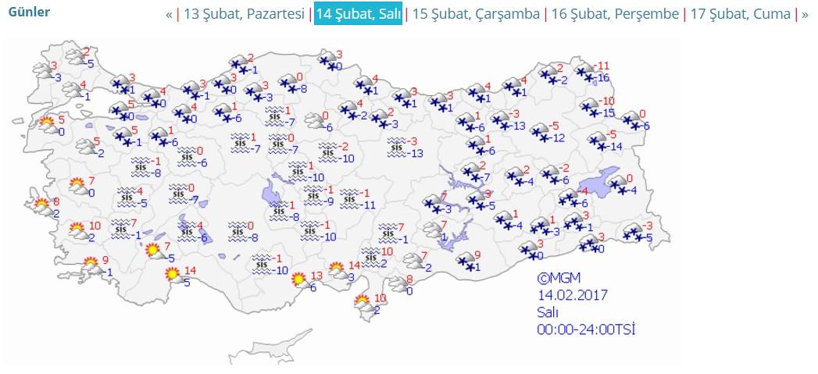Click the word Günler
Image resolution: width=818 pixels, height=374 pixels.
[x=29, y=12]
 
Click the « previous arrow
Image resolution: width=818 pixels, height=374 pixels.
[x=169, y=14]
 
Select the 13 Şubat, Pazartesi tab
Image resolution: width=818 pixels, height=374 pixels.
[x=244, y=14]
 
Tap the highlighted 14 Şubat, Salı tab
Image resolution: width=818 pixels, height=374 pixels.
[x=358, y=14]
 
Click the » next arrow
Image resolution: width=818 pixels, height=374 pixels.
[x=805, y=14]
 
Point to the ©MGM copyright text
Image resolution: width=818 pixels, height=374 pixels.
[x=559, y=278]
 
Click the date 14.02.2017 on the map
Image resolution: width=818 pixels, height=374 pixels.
[x=572, y=295]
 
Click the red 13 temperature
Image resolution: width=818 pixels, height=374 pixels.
[x=316, y=276]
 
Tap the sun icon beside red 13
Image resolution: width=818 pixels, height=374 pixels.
[x=298, y=280]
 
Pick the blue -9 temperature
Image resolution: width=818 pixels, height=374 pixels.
[x=330, y=201]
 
